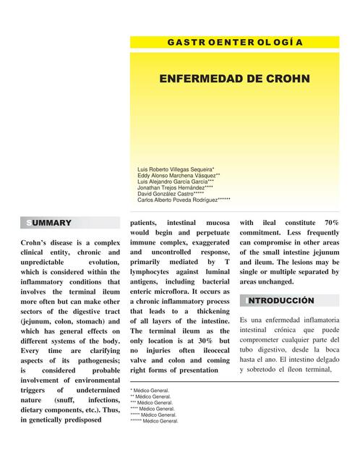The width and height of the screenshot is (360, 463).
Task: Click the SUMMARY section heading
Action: (x=49, y=223)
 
